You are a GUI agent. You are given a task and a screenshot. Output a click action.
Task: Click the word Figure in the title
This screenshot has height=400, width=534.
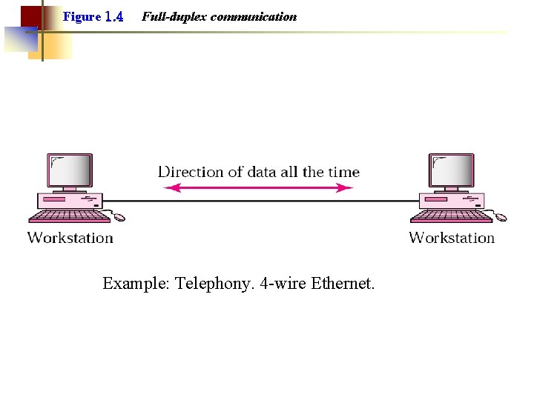[82, 16]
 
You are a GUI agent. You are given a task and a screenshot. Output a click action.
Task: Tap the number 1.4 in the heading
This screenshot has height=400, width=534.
[114, 16]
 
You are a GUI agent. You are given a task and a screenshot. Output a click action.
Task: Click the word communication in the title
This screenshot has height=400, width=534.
[253, 16]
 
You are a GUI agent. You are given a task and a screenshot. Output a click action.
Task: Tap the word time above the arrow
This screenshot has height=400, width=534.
[343, 172]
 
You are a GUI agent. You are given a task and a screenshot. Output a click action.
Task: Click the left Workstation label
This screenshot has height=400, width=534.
[70, 238]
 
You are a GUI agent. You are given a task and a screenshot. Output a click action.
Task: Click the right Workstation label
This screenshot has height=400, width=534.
[452, 238]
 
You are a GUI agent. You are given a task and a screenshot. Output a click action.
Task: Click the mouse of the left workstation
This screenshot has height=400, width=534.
[119, 218]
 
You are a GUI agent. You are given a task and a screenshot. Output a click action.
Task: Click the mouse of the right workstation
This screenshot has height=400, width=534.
[501, 218]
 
